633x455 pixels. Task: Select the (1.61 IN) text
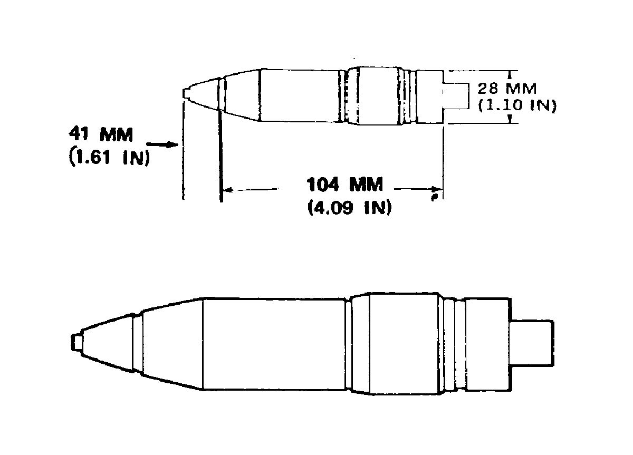point(109,157)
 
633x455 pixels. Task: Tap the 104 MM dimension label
point(345,184)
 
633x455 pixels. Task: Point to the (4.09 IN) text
point(350,207)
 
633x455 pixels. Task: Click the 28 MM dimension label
point(507,89)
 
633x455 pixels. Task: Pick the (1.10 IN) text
point(517,105)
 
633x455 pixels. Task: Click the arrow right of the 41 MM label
point(162,144)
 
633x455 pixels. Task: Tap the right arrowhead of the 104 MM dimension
point(437,189)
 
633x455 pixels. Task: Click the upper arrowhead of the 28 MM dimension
point(510,74)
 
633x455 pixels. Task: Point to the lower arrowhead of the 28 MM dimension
point(510,119)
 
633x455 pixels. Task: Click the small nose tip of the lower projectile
point(76,342)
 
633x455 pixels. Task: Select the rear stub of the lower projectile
point(532,343)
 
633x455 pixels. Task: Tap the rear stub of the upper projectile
point(456,95)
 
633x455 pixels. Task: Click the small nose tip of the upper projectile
point(186,94)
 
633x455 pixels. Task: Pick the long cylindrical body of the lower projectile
point(274,344)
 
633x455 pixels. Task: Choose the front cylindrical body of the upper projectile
point(299,95)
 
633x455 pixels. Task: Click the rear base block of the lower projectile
point(488,344)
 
